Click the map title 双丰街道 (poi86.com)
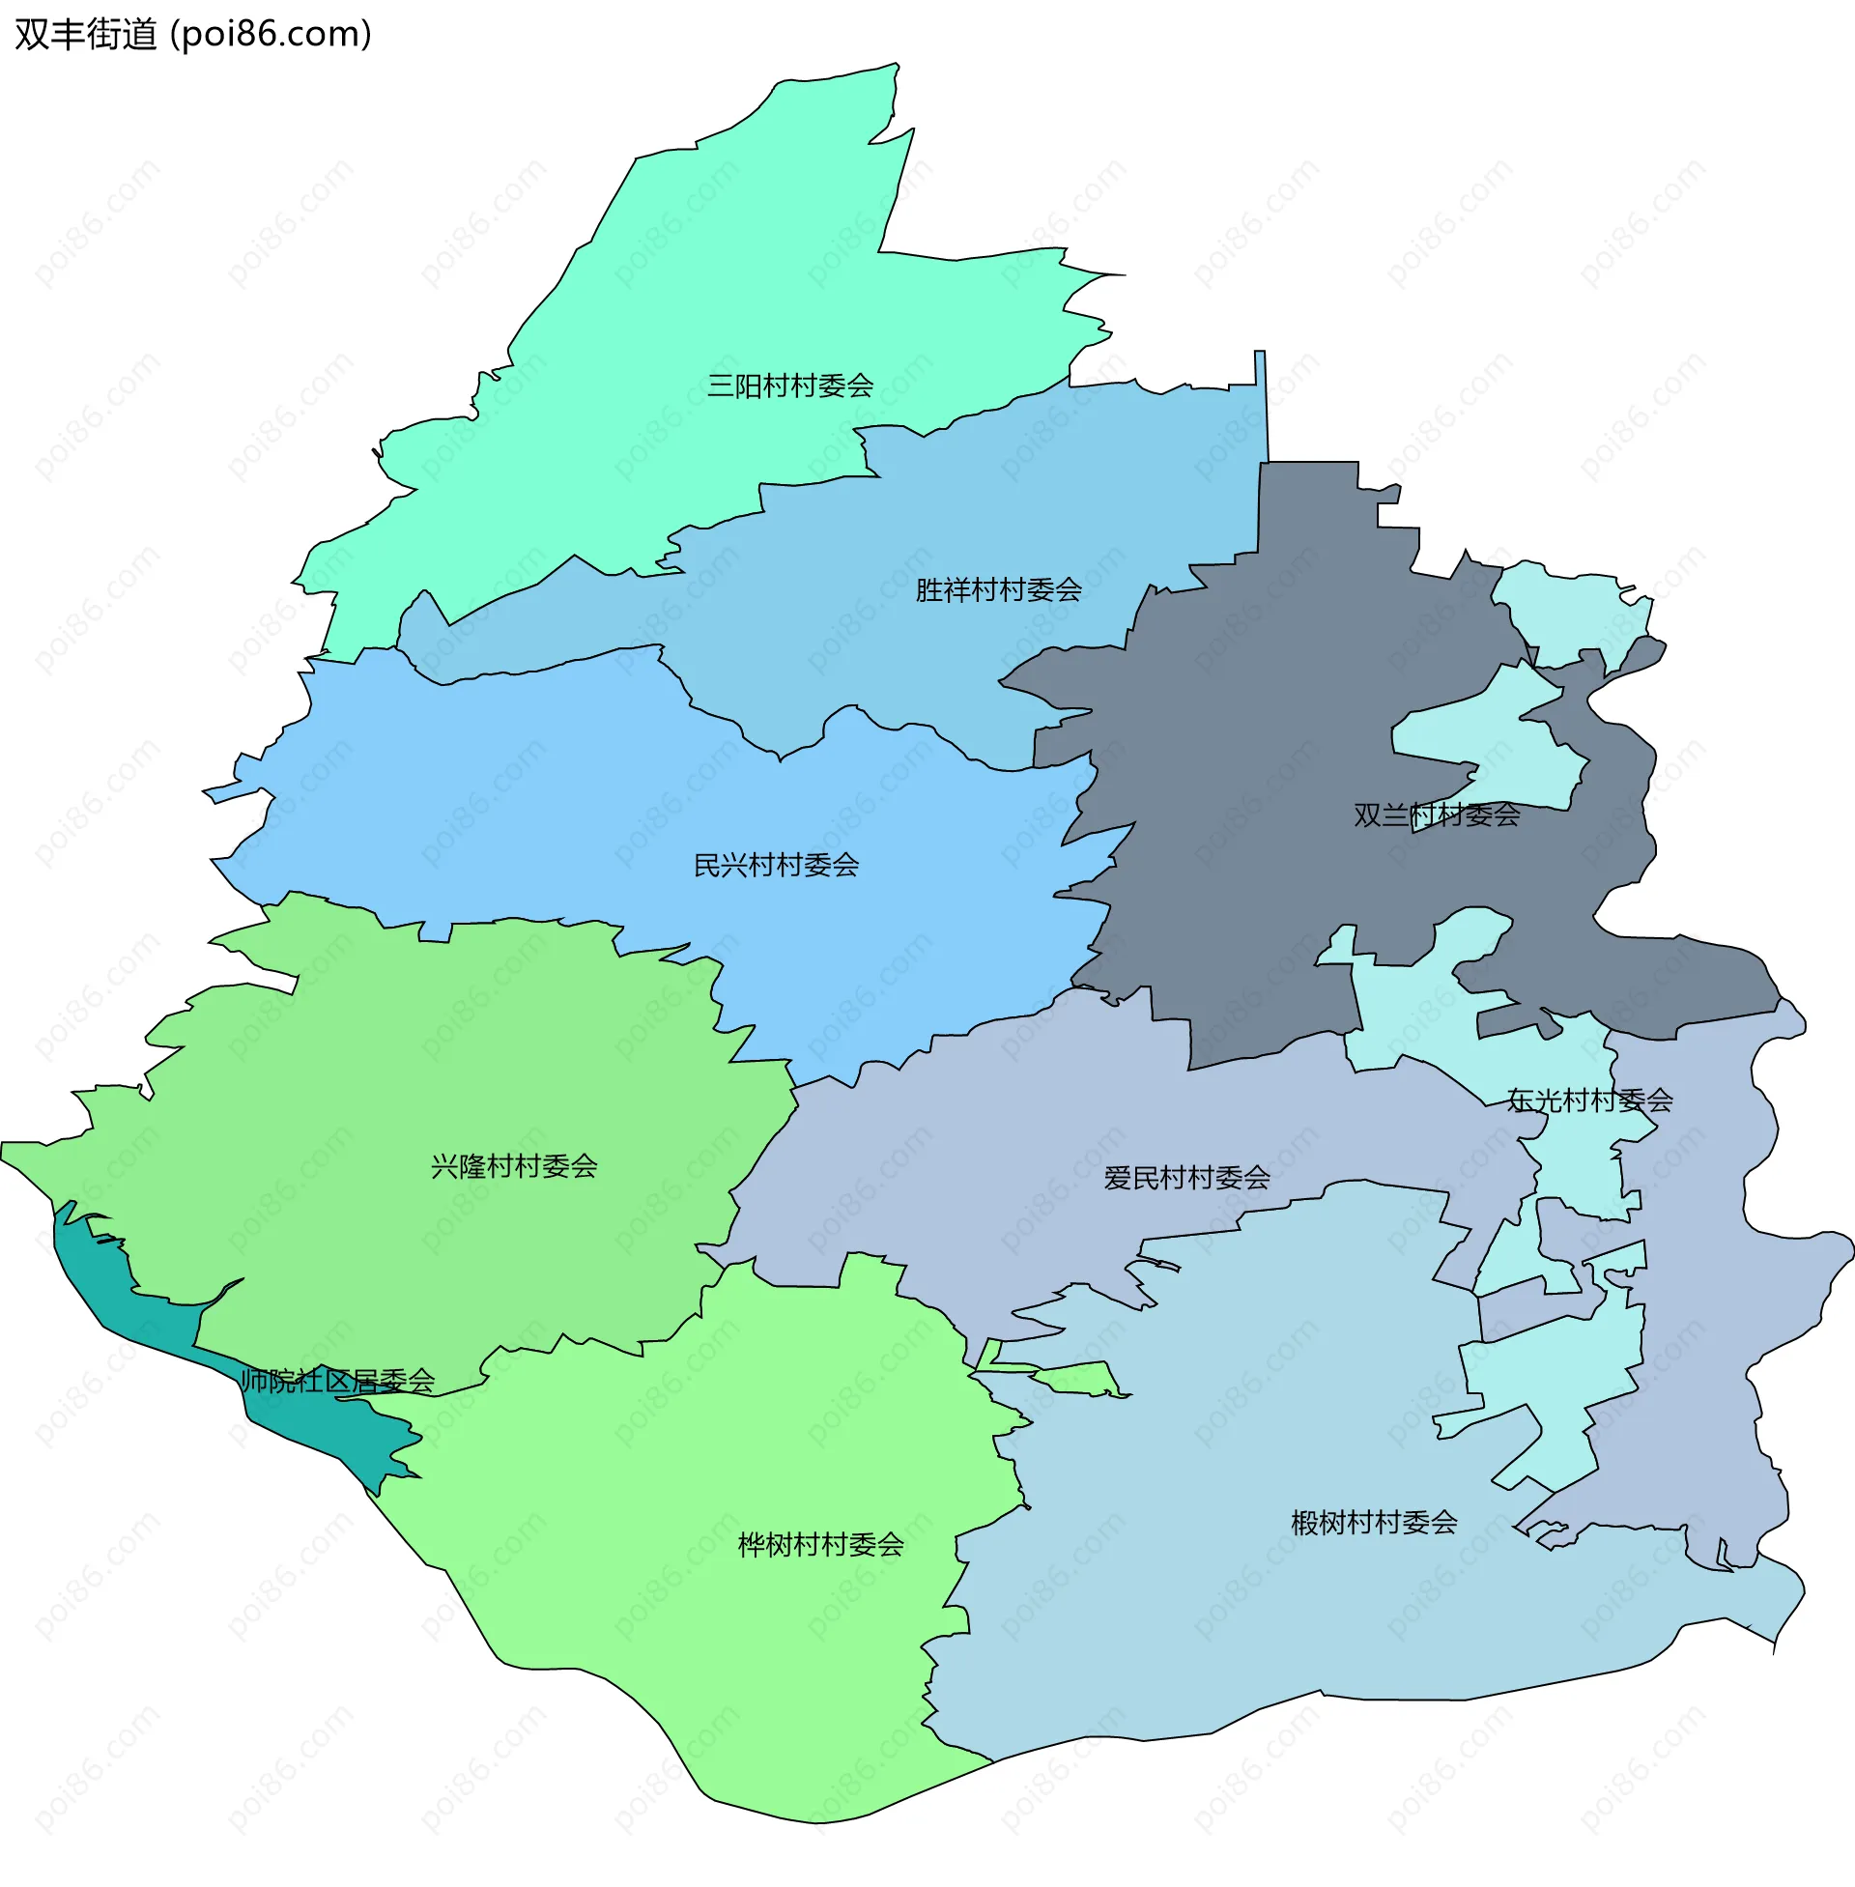pos(193,34)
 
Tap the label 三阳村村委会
pos(790,386)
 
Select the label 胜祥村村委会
pos(998,589)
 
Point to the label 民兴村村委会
pos(776,864)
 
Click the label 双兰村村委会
pos(1436,815)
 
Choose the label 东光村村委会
pos(1589,1100)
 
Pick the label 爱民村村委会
pos(1185,1178)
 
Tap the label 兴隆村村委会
pos(513,1165)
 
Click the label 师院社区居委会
pos(337,1380)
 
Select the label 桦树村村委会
pos(820,1544)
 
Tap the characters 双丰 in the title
pos(49,34)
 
